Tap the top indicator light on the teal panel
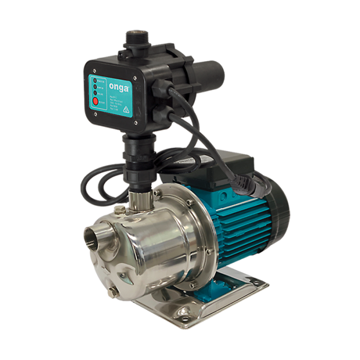coord(95,81)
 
